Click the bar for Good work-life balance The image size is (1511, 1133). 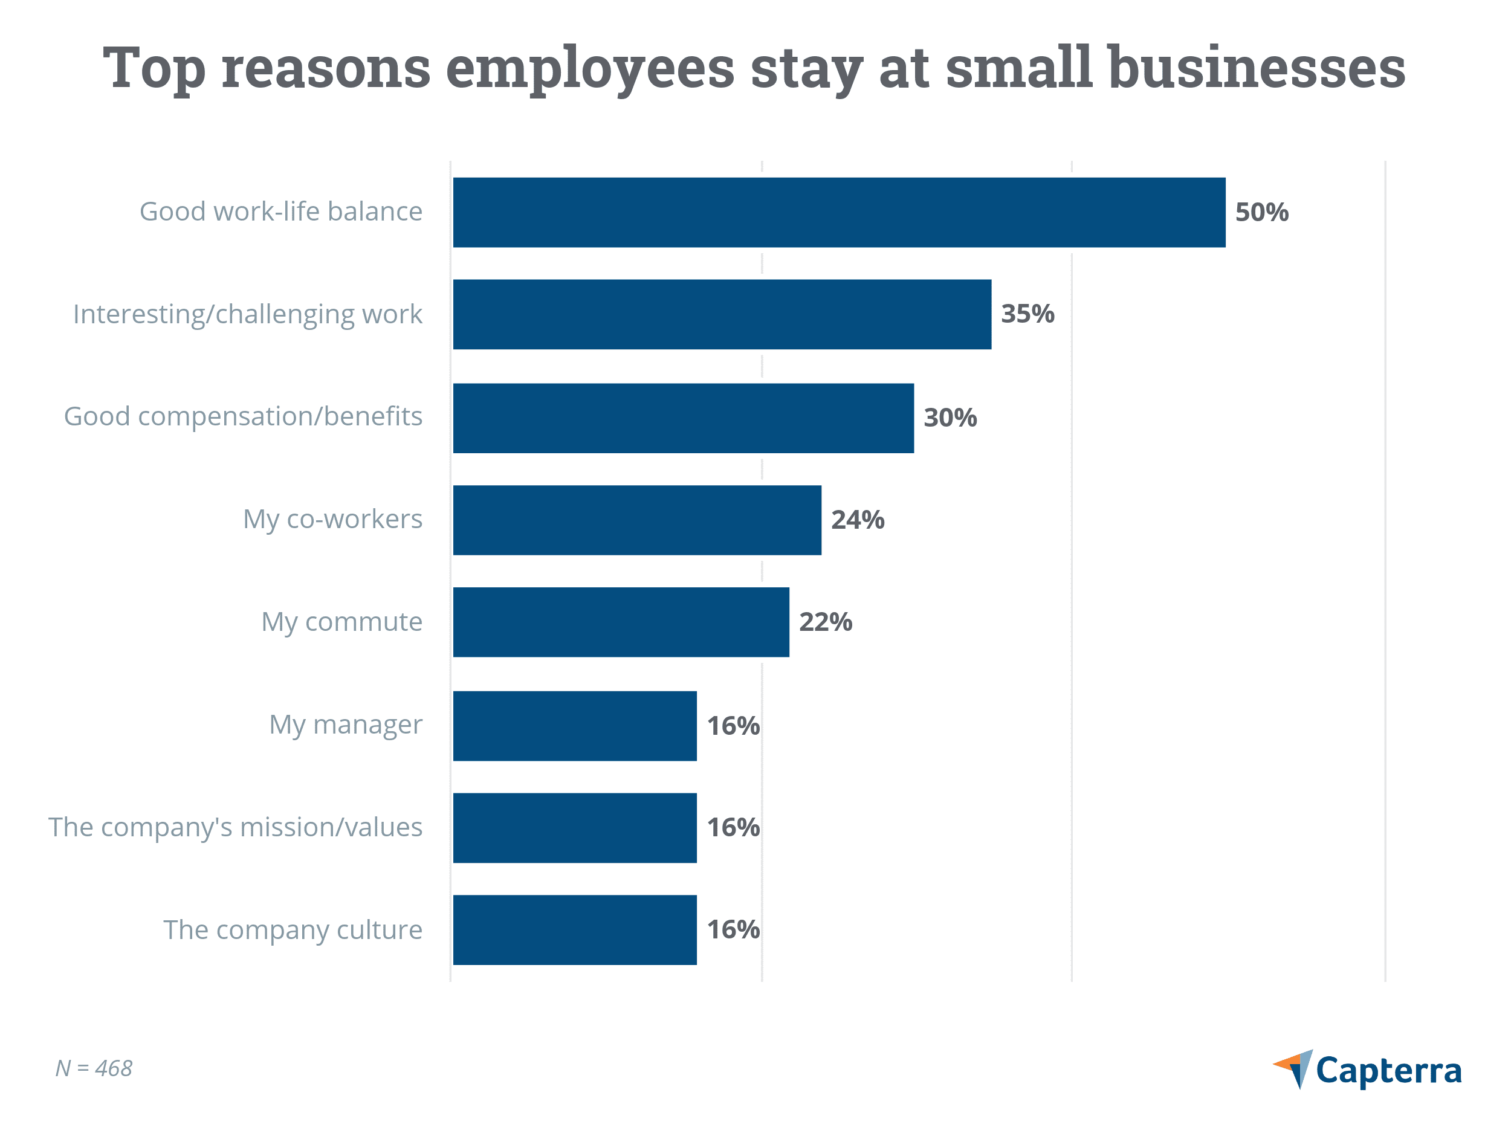point(839,212)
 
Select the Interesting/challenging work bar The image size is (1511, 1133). point(722,314)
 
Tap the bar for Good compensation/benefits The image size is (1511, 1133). point(683,418)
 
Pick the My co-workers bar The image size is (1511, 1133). point(636,520)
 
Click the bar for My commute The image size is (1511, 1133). point(621,622)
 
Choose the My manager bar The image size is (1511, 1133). point(574,726)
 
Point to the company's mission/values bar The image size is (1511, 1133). point(574,828)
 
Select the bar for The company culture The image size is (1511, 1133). point(574,929)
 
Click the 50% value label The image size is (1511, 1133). point(1261,212)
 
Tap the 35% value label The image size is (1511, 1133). point(1027,314)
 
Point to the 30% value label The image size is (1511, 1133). point(950,418)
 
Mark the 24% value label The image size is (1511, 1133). point(857,520)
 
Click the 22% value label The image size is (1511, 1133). point(825,622)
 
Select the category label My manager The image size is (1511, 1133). point(346,725)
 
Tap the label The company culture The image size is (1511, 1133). point(293,929)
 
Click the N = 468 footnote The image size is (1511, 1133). point(94,1068)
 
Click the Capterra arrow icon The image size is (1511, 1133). point(1295,1068)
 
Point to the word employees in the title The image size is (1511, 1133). point(590,68)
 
